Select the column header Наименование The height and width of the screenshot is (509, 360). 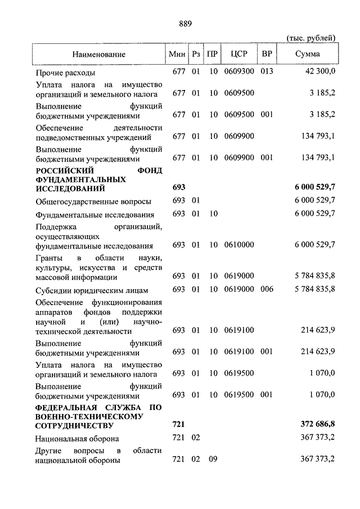98,54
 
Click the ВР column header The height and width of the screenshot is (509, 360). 267,54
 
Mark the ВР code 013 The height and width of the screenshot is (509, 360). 267,72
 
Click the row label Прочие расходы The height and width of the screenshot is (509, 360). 65,73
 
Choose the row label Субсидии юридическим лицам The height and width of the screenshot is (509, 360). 91,290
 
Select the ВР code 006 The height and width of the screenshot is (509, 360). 267,289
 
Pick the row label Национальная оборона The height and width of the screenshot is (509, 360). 77,439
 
